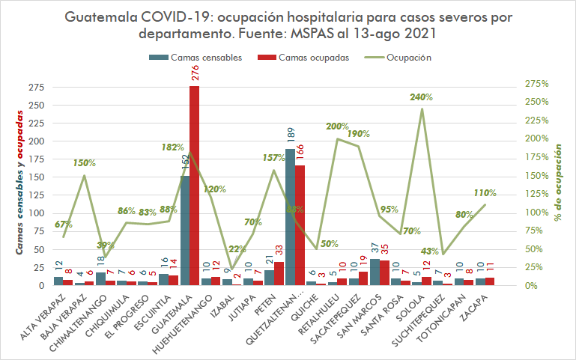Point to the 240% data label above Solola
(x=422, y=97)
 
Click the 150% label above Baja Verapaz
(x=85, y=163)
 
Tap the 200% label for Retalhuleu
(x=338, y=127)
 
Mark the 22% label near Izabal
(x=237, y=249)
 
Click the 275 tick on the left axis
(x=36, y=87)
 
